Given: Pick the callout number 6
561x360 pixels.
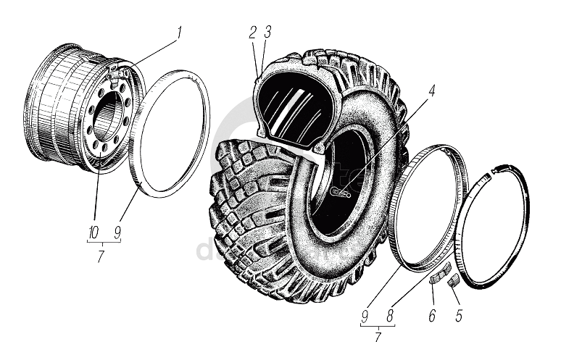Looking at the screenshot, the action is pyautogui.click(x=433, y=316).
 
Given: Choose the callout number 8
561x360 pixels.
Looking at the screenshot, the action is pyautogui.click(x=390, y=316).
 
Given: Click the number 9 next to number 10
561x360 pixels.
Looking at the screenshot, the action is pyautogui.click(x=117, y=233).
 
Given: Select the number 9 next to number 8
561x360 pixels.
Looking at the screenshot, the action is pyautogui.click(x=365, y=316).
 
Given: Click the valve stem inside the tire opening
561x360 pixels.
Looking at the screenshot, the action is pyautogui.click(x=339, y=192).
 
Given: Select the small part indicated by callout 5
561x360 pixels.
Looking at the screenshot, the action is pyautogui.click(x=452, y=280).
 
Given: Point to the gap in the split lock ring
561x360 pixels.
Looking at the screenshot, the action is pyautogui.click(x=490, y=171).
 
